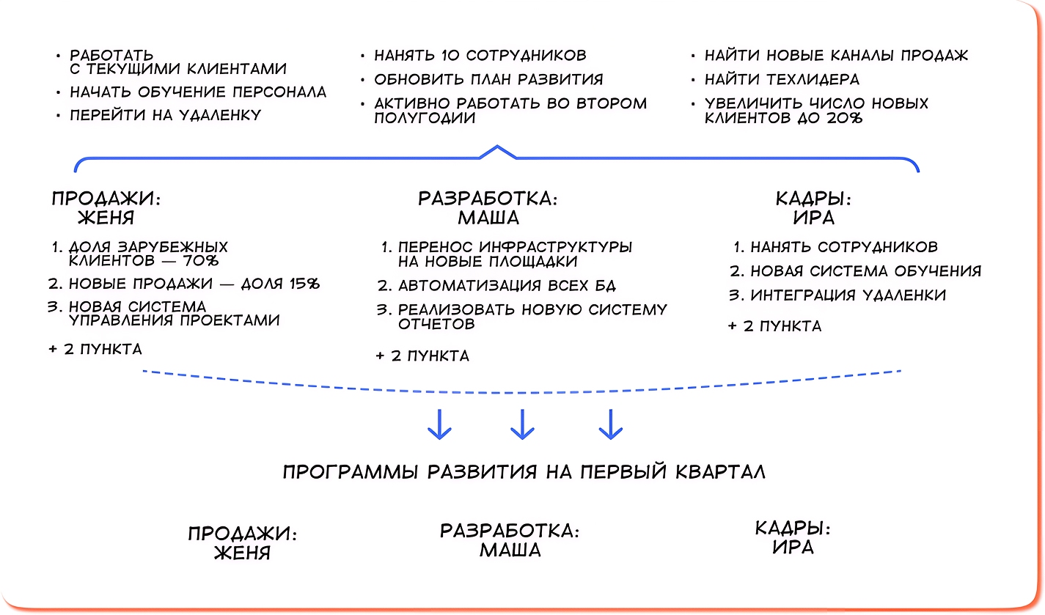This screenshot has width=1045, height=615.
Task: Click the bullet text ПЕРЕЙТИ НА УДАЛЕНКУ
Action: [x=165, y=115]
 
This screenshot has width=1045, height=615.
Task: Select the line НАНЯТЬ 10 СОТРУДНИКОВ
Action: [x=480, y=56]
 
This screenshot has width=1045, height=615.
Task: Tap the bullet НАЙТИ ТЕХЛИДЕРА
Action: [x=782, y=79]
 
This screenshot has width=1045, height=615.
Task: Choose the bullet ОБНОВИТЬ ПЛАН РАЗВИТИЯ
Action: [x=488, y=79]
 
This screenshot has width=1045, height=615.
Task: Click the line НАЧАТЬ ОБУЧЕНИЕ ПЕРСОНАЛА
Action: [x=198, y=92]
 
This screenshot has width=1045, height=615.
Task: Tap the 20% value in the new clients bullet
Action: [x=846, y=117]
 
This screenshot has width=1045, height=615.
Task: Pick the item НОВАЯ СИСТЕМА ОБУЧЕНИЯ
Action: [x=865, y=271]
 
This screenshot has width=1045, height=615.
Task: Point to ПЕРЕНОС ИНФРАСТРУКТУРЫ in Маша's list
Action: [x=515, y=247]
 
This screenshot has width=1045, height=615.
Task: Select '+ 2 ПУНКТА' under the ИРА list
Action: [x=774, y=326]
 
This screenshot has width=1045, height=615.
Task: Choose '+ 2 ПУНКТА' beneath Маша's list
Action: [x=422, y=356]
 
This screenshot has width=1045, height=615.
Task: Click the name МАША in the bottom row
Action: [x=510, y=550]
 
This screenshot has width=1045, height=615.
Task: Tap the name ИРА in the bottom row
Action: [x=793, y=548]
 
